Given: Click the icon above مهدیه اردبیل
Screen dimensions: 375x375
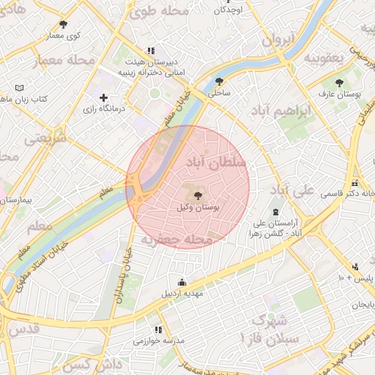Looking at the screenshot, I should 182,282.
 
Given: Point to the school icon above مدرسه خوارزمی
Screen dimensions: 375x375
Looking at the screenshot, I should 158,330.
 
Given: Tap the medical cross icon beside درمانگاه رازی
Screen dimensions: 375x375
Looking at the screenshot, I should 103,97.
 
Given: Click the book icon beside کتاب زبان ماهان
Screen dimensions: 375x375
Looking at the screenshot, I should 29,88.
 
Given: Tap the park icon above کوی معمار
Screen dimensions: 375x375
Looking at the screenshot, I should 62,24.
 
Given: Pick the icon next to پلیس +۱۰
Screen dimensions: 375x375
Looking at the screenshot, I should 355,267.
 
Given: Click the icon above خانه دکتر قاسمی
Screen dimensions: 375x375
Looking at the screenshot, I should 355,183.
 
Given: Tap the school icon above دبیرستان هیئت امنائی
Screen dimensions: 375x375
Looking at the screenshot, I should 151,51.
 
